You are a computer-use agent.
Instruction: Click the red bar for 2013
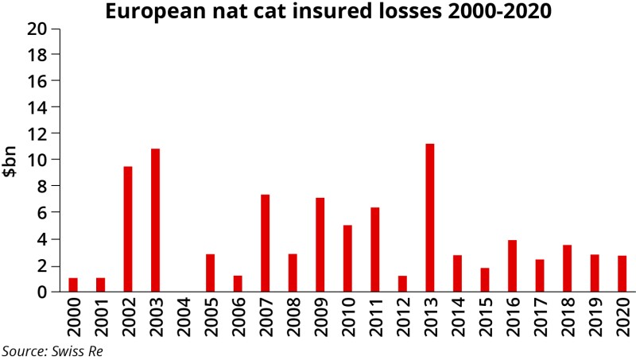[430, 218]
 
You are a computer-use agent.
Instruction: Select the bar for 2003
[156, 220]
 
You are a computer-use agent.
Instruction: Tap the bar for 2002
[128, 229]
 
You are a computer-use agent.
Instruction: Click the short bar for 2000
[73, 285]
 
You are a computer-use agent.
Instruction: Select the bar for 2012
[402, 284]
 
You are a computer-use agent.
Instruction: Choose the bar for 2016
[513, 265]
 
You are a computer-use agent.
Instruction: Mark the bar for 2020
[622, 273]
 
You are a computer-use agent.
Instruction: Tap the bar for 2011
[375, 250]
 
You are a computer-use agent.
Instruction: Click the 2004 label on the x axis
[184, 315]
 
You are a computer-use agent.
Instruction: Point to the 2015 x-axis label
[485, 315]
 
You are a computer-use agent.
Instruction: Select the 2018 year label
[568, 315]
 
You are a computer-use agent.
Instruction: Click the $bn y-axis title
[12, 161]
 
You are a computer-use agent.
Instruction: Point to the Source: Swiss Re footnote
[52, 350]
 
